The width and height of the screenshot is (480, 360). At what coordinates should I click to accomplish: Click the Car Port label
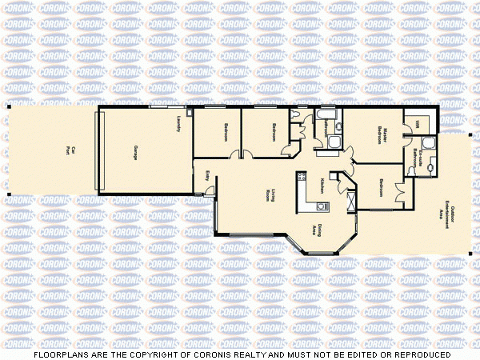(x=70, y=150)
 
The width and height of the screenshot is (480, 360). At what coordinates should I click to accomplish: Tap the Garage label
(x=134, y=152)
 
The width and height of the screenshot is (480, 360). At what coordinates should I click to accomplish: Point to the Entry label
(x=208, y=176)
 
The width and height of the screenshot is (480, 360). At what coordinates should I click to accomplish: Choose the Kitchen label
(x=322, y=185)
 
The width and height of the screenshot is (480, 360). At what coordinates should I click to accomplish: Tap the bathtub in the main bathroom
(x=326, y=121)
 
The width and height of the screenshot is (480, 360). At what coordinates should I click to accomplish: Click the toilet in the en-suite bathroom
(x=433, y=169)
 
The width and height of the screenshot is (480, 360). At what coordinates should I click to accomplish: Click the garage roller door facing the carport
(x=98, y=151)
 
